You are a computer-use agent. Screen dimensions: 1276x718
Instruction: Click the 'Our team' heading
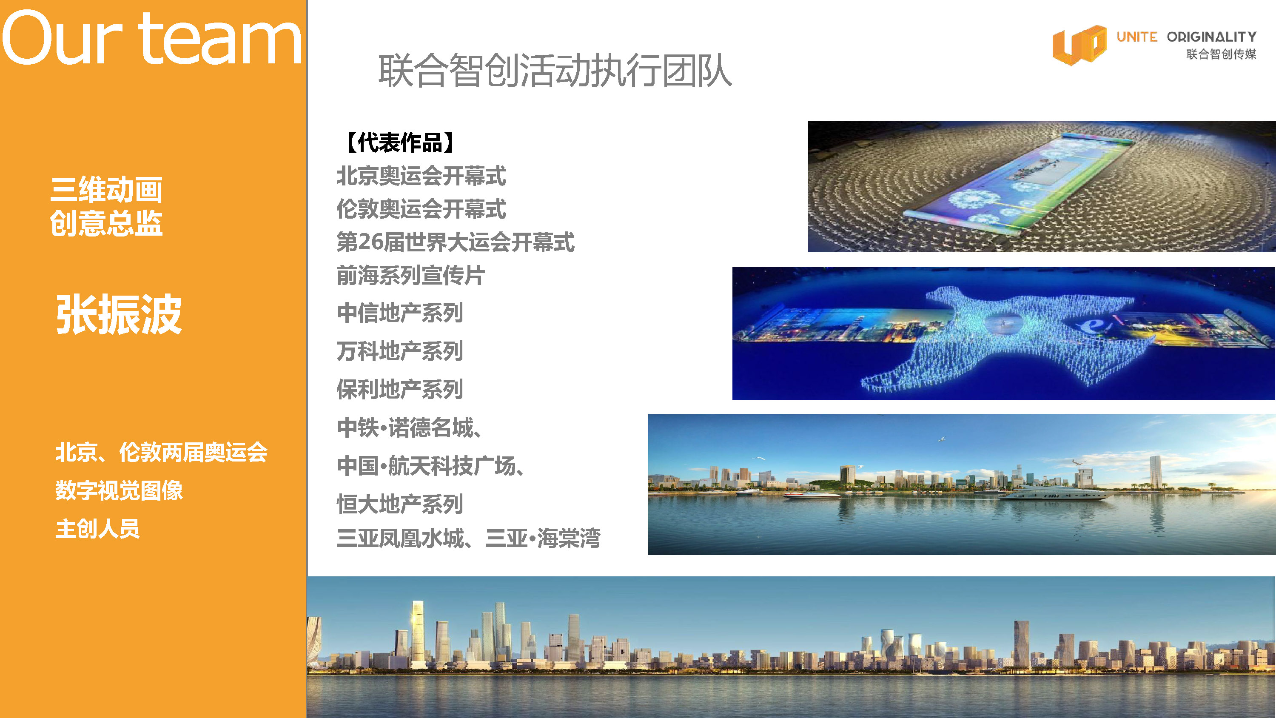click(x=151, y=38)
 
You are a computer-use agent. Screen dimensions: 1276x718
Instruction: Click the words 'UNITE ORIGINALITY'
click(x=1186, y=37)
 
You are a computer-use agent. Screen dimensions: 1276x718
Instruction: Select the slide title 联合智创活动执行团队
click(x=555, y=71)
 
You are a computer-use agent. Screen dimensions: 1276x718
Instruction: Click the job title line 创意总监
click(x=106, y=223)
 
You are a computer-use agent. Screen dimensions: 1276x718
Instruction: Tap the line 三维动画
click(x=106, y=189)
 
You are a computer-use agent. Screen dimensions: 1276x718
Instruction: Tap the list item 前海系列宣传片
click(x=410, y=276)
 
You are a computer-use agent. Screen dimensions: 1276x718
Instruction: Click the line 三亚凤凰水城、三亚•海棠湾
click(x=469, y=538)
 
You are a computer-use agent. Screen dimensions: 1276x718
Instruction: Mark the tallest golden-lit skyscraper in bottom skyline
click(x=418, y=634)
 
